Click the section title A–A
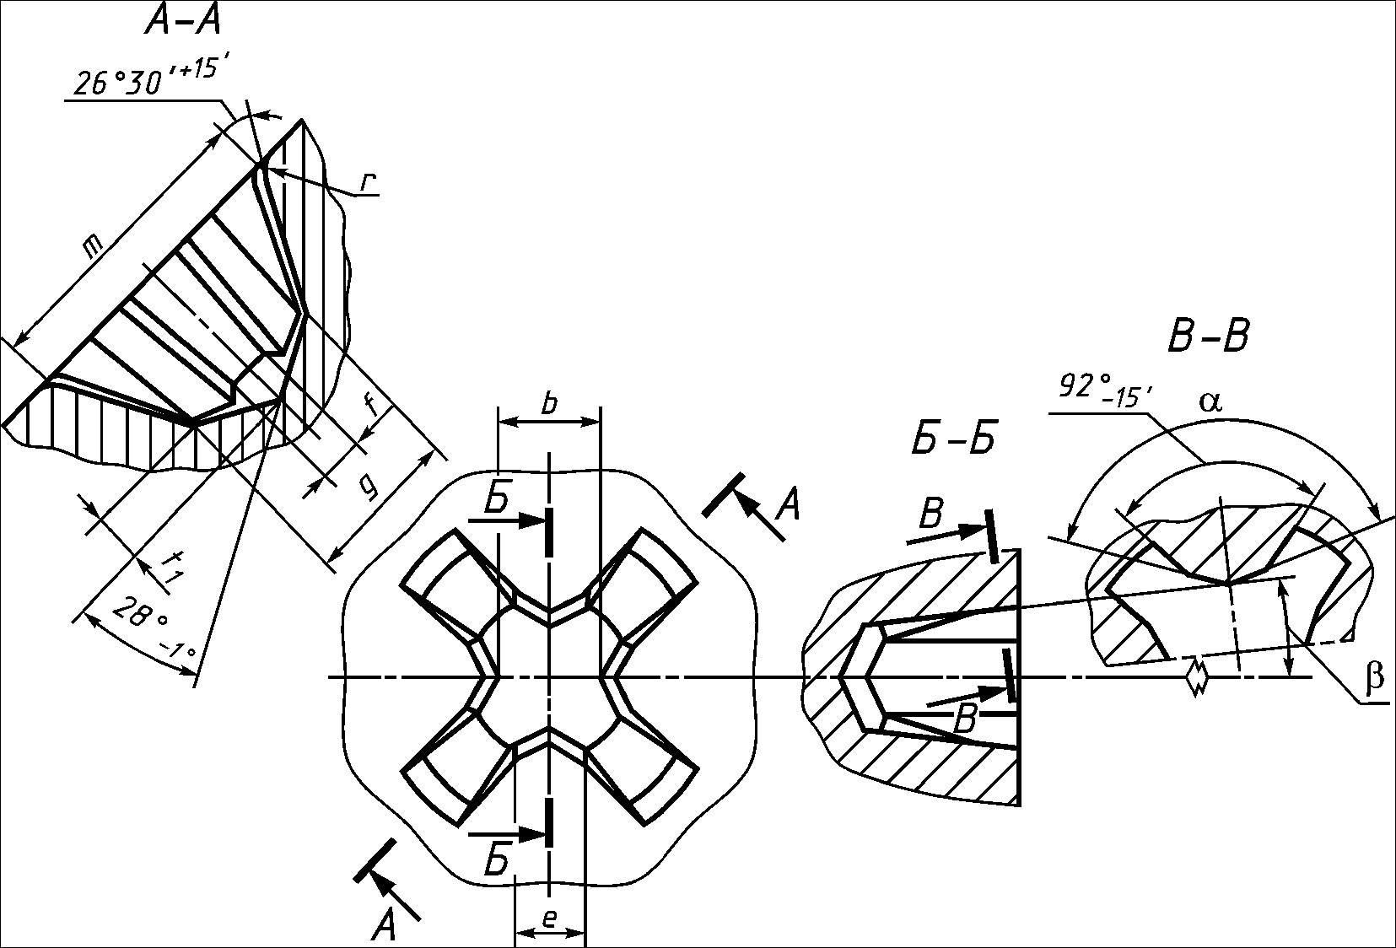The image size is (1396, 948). click(182, 23)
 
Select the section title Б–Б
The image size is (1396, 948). click(953, 439)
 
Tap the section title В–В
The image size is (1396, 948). click(1209, 337)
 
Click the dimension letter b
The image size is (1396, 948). click(549, 404)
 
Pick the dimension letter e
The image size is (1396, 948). click(549, 918)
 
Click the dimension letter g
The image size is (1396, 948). click(369, 488)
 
